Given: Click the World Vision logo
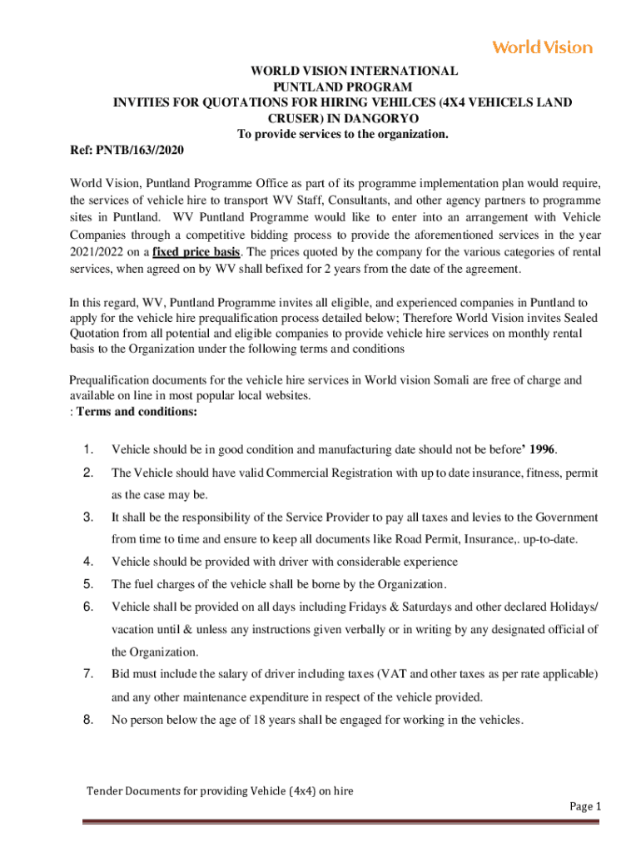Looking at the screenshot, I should pos(542,47).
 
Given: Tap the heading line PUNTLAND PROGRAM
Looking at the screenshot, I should pos(343,87).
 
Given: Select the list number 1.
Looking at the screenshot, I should pos(88,450).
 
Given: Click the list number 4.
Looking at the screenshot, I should pos(88,561).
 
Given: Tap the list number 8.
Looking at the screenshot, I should pos(88,720).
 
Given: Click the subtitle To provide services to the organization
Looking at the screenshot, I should pos(343,134).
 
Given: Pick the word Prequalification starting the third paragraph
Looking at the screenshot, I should pos(109,380).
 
